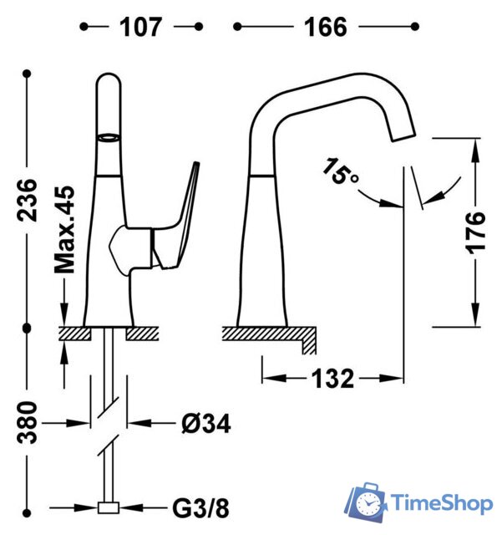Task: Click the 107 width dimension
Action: [x=139, y=27]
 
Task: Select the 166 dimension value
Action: [x=325, y=27]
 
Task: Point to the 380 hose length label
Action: [x=28, y=421]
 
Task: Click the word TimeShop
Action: [x=442, y=504]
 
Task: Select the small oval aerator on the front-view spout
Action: [x=109, y=136]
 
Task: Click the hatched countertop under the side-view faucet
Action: [x=267, y=334]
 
